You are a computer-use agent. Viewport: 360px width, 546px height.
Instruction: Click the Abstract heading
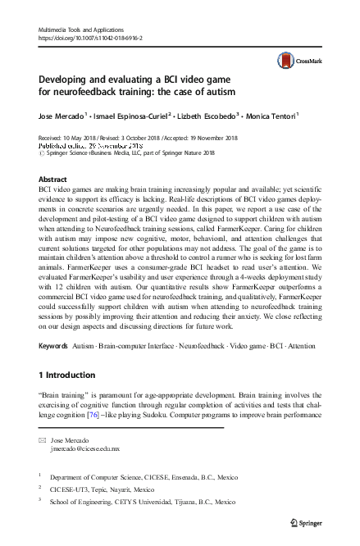(x=53, y=178)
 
